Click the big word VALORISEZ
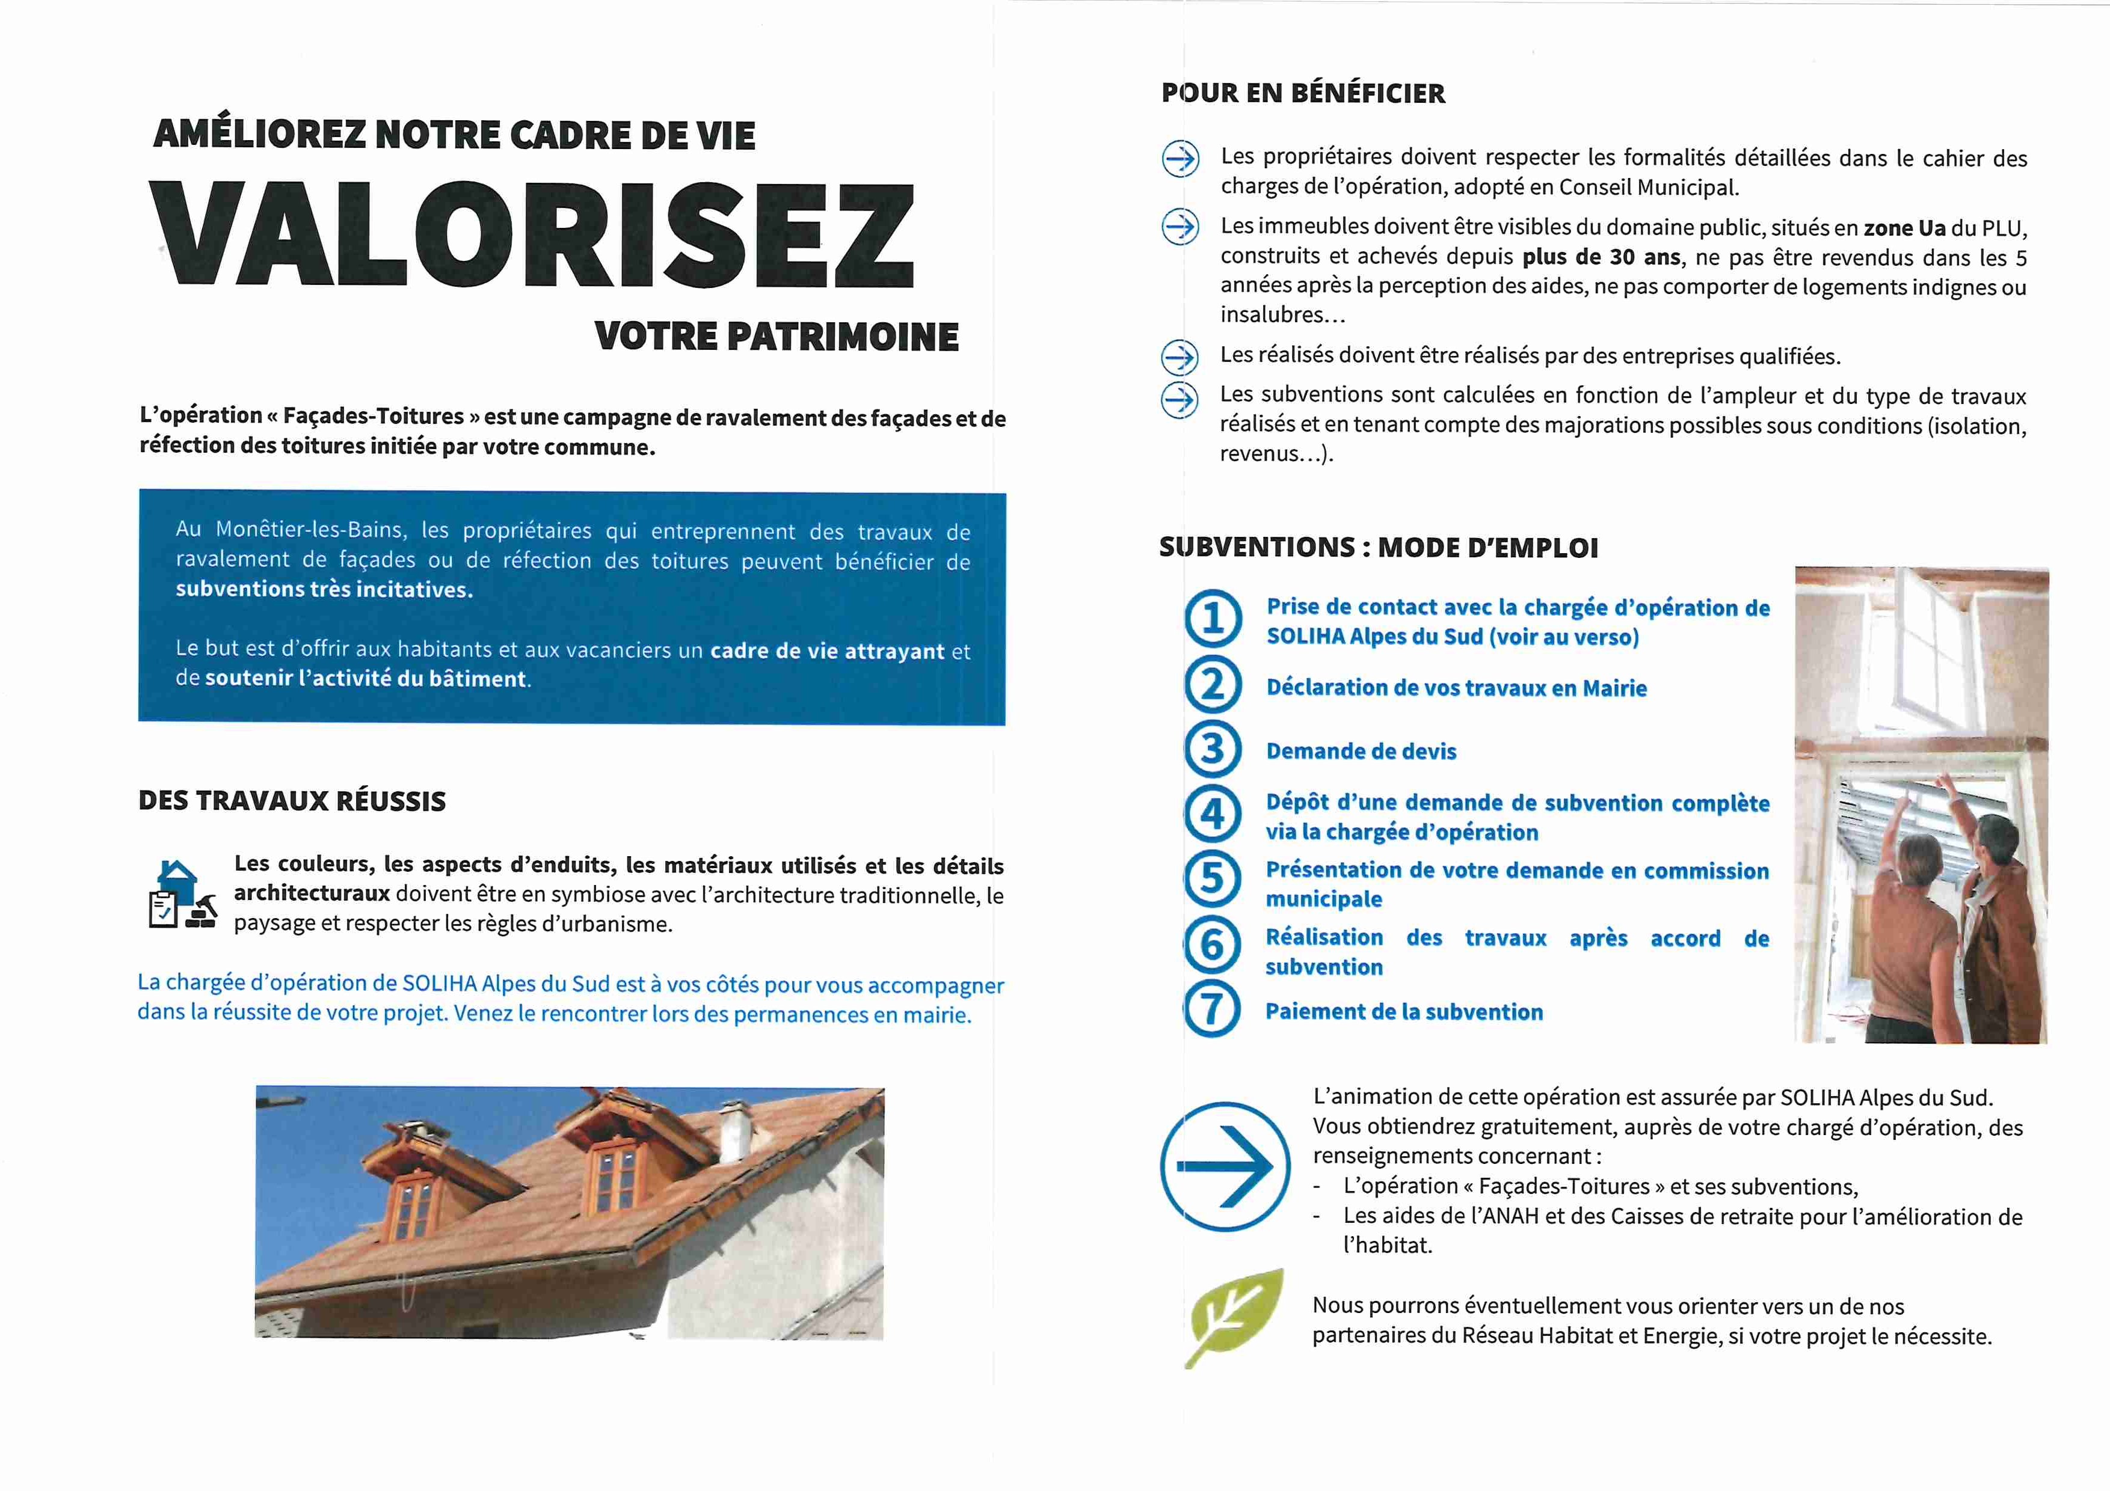pyautogui.click(x=533, y=235)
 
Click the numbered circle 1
pyautogui.click(x=1213, y=618)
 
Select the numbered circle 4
pyautogui.click(x=1213, y=814)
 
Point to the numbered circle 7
pyautogui.click(x=1212, y=1009)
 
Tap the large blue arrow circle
pyautogui.click(x=1225, y=1167)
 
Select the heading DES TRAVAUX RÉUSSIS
pyautogui.click(x=292, y=801)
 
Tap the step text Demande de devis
pyautogui.click(x=1361, y=752)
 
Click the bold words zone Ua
pyautogui.click(x=1904, y=228)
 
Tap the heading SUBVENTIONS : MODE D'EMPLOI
pyautogui.click(x=1379, y=548)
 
